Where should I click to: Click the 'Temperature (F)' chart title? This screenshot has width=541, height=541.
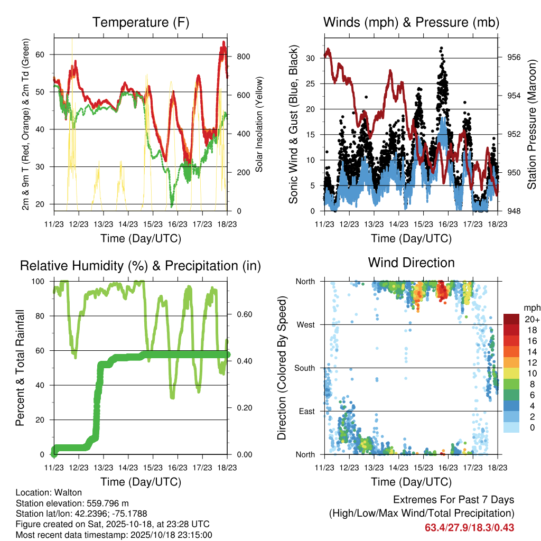click(141, 23)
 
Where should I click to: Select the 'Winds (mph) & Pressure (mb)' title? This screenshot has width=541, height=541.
click(411, 23)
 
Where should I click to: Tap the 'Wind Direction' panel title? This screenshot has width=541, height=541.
click(411, 263)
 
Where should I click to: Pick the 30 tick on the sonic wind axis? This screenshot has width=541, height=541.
click(311, 58)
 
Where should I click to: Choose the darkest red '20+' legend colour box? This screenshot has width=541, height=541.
click(511, 319)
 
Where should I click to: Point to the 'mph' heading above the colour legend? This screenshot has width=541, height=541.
click(530, 307)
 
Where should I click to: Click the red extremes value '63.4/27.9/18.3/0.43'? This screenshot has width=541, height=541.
click(469, 527)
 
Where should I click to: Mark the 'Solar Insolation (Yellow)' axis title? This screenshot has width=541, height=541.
click(259, 124)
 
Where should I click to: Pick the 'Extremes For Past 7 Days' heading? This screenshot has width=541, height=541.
click(453, 500)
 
